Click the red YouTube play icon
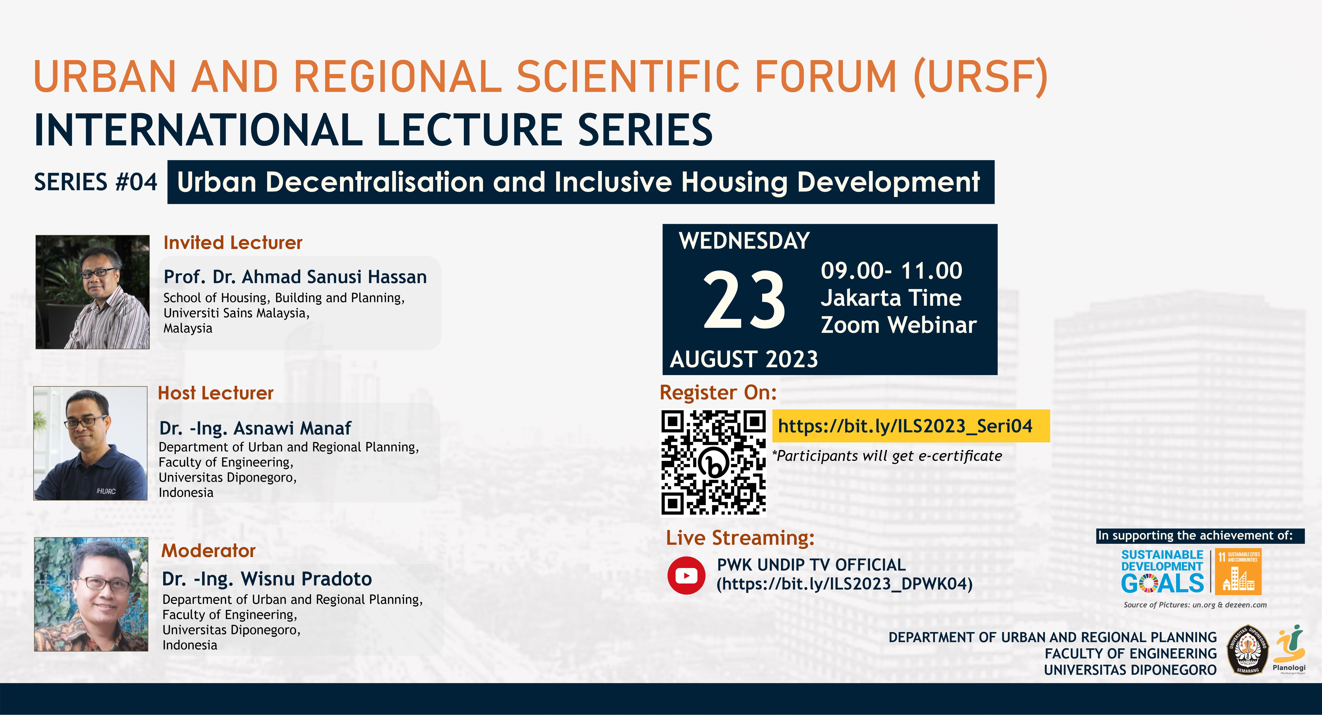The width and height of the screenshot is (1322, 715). coord(686,575)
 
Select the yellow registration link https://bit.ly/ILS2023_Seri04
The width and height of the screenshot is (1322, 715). coord(905,426)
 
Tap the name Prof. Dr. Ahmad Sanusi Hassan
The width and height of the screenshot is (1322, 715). coord(295,277)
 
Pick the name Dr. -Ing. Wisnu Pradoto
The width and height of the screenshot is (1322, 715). coord(267,579)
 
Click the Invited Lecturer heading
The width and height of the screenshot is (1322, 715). coord(233,242)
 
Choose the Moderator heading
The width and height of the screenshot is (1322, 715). coord(208,551)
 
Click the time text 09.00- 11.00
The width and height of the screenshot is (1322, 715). coord(891,271)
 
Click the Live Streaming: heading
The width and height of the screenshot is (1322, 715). coord(740,538)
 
